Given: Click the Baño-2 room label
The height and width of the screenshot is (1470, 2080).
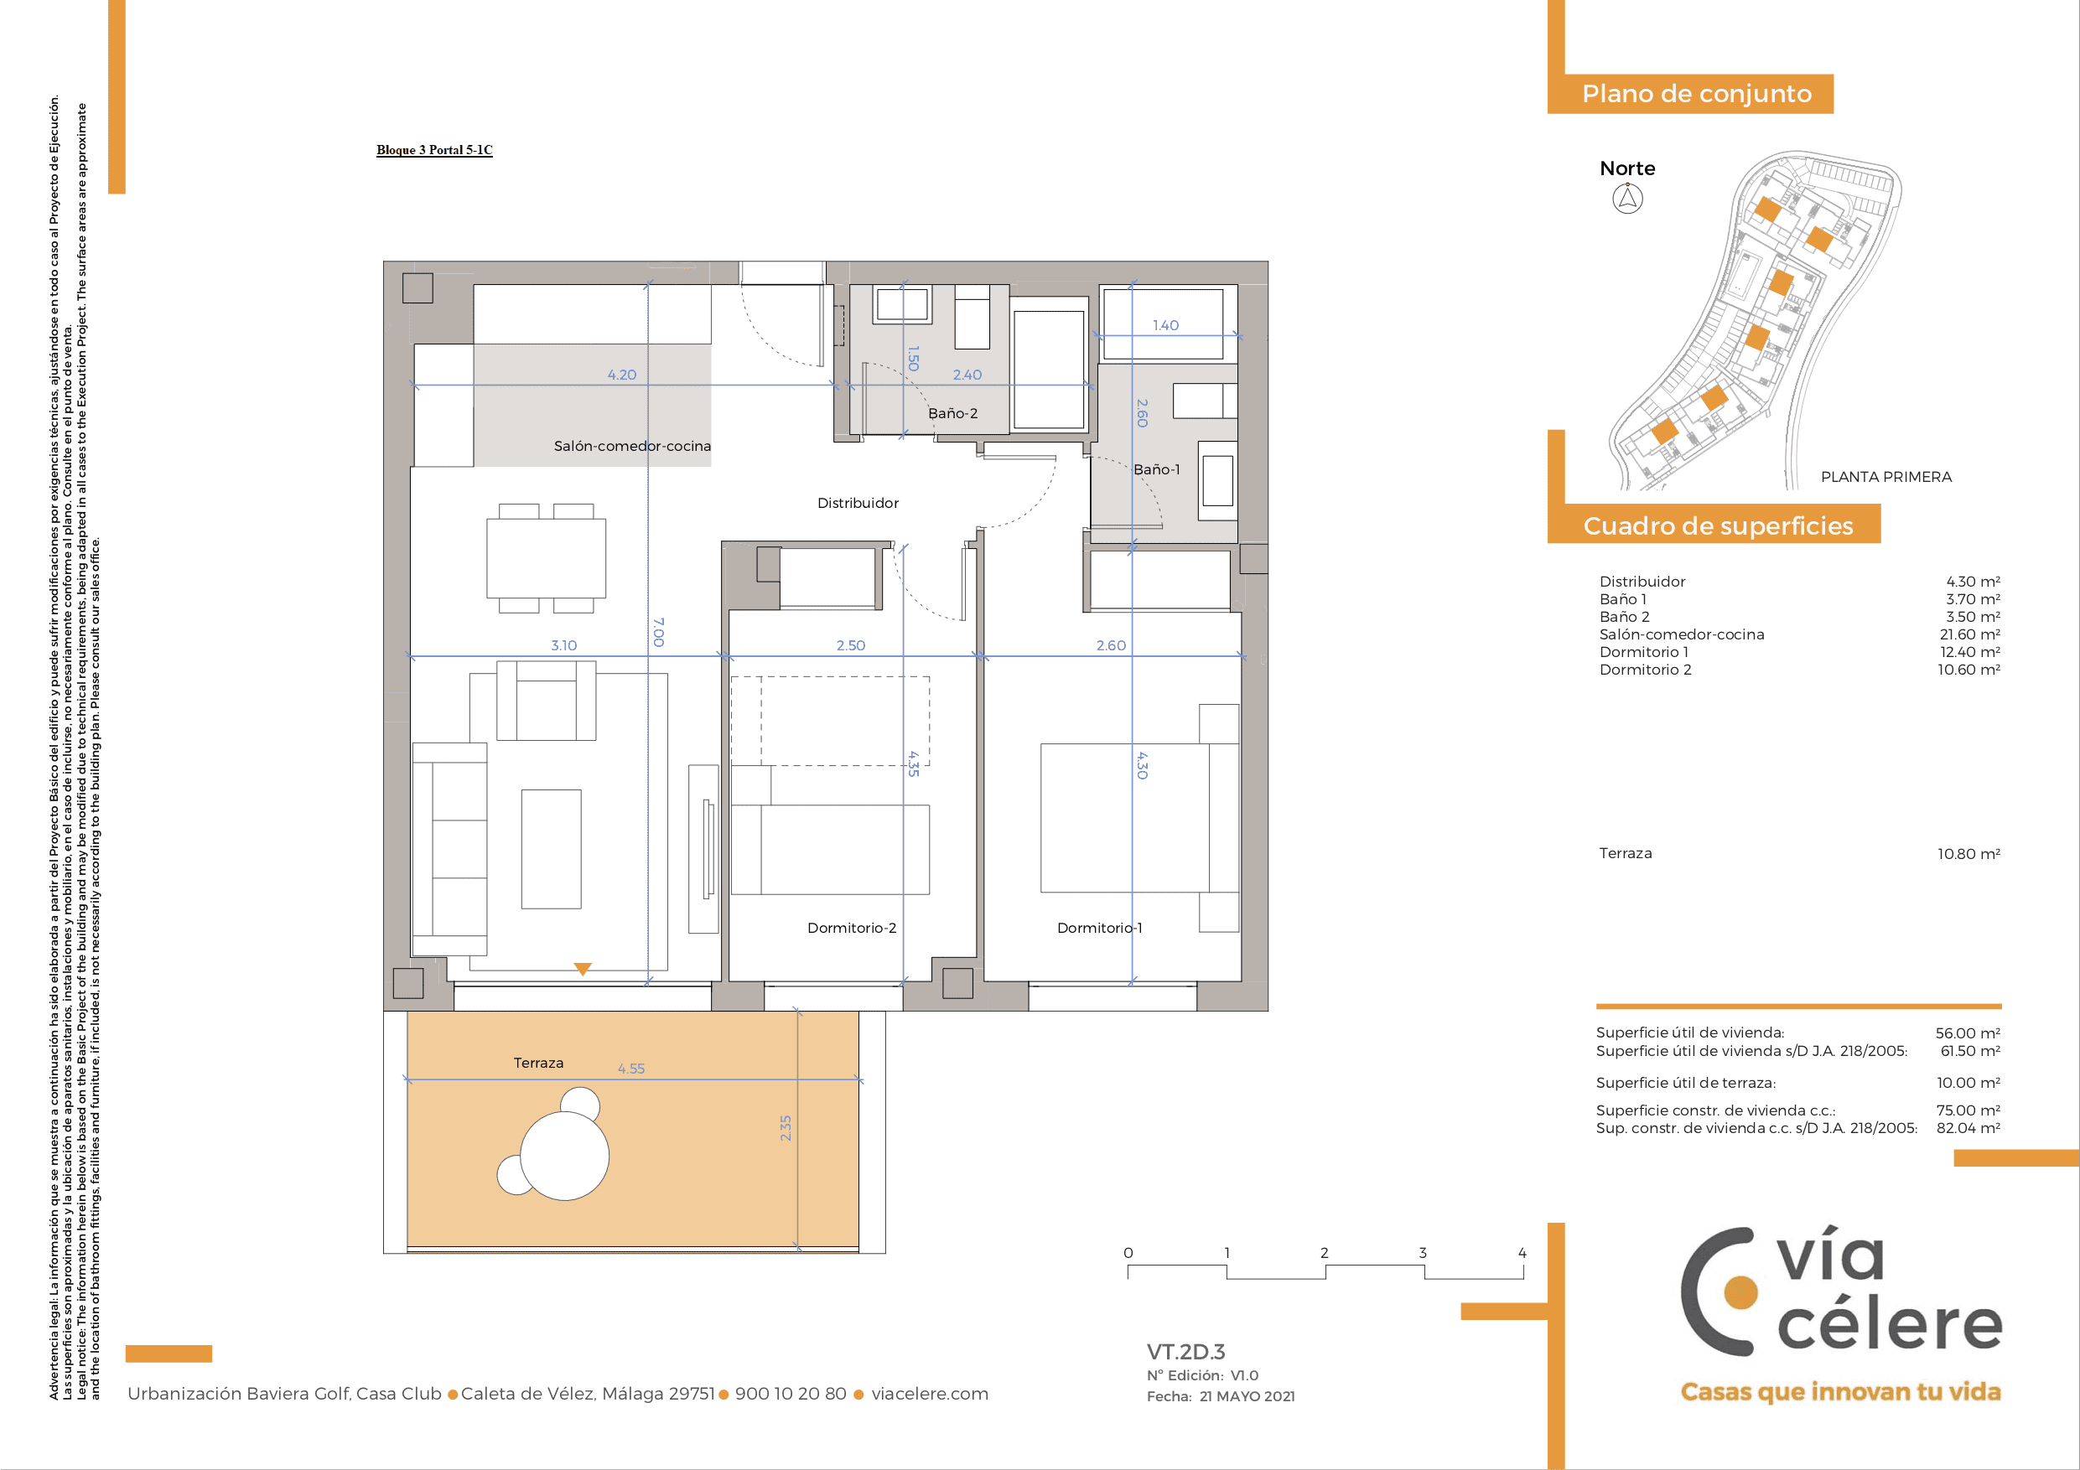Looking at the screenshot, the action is [x=953, y=413].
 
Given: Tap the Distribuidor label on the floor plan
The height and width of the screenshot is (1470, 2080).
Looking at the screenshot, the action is [x=858, y=503].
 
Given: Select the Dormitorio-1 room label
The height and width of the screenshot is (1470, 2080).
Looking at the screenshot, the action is [x=1100, y=928].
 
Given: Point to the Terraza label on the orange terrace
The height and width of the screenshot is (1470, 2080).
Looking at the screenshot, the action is [x=538, y=1063].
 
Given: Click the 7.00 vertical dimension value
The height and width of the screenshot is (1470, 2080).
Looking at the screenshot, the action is [x=659, y=632].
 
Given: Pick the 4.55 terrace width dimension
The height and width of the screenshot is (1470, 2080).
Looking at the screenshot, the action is [x=631, y=1069].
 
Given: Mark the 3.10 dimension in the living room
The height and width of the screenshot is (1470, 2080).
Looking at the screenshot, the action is [x=563, y=644].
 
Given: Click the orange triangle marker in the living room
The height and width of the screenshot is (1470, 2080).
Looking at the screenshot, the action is [x=583, y=968].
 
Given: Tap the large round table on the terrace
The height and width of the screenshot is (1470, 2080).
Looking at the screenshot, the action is [x=564, y=1156].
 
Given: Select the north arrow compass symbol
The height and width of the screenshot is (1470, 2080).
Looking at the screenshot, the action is [x=1628, y=199].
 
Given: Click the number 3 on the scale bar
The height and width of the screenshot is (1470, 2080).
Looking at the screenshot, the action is [x=1423, y=1253].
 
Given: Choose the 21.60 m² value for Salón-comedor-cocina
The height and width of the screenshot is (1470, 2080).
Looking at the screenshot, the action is [x=1969, y=634].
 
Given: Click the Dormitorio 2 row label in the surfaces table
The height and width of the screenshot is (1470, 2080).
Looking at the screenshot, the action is [x=1645, y=670].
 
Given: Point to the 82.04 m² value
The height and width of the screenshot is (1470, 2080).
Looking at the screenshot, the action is [x=1968, y=1127].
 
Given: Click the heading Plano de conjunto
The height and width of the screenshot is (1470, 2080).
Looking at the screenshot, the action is [x=1697, y=93].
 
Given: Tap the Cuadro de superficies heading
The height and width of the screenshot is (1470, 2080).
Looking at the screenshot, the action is [x=1718, y=525].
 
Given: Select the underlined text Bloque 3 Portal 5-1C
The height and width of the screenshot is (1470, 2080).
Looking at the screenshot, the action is [x=435, y=150].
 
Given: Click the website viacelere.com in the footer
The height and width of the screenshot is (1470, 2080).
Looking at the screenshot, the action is [x=930, y=1394].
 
